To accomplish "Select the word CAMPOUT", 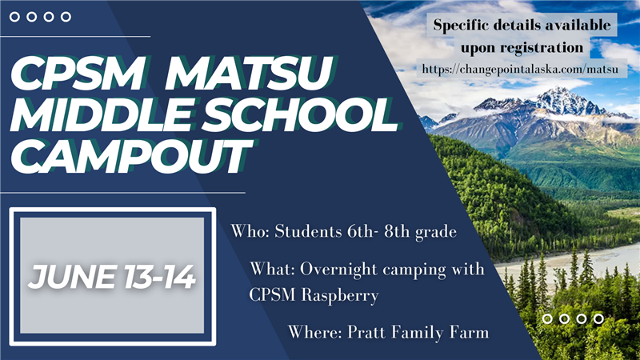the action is [x=130, y=157].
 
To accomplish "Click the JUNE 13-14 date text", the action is [x=112, y=277].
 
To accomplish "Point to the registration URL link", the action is [x=521, y=69].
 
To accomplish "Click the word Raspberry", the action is [x=340, y=295].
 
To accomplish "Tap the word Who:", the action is [x=250, y=231].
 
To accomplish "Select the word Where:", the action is [x=314, y=332].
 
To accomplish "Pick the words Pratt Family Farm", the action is [x=418, y=332].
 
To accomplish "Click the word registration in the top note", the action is [x=543, y=48].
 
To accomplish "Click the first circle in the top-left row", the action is [x=14, y=17].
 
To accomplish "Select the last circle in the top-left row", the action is [x=66, y=17].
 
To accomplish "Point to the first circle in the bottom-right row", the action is [x=547, y=318].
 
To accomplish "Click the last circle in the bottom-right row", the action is [x=598, y=318].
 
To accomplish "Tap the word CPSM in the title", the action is [x=77, y=73].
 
